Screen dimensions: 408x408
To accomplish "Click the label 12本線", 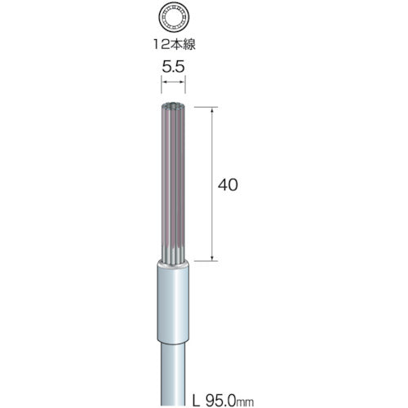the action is (174, 44).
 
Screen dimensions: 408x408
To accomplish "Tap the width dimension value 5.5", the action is (173, 67).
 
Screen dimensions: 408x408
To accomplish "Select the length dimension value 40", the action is (228, 185).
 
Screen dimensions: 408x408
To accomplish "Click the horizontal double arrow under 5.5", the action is (173, 82).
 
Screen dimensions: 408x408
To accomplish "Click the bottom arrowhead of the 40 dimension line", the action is (212, 257).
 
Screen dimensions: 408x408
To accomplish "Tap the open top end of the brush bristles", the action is (173, 105).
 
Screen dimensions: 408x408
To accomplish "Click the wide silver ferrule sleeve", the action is (173, 302).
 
